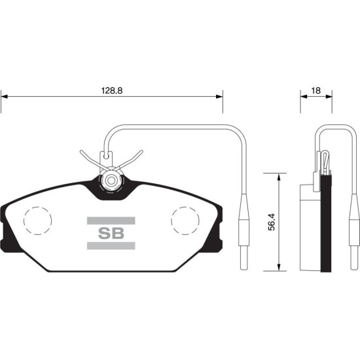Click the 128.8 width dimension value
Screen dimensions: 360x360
(x=112, y=91)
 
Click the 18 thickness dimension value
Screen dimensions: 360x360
(x=316, y=91)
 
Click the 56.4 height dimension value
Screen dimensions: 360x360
(x=272, y=222)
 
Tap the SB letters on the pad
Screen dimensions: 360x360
(x=111, y=233)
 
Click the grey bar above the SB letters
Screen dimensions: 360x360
(x=111, y=221)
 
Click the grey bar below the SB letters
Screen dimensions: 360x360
(x=111, y=245)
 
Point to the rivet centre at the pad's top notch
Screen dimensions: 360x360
(x=111, y=181)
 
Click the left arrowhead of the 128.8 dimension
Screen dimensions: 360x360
(x=4, y=96)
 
